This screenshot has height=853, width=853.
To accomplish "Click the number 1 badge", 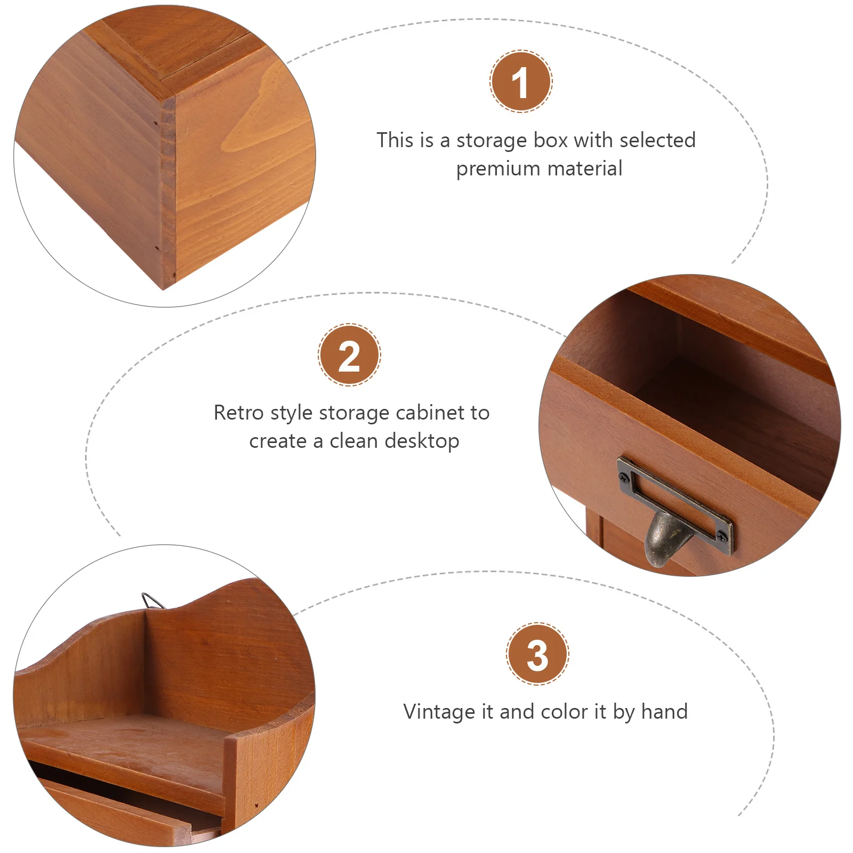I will [521, 81].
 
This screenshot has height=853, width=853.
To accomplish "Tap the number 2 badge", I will [349, 355].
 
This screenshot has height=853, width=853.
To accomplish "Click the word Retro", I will [238, 413].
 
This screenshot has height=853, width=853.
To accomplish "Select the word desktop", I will [422, 441].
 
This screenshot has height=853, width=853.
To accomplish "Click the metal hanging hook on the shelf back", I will [152, 601].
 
